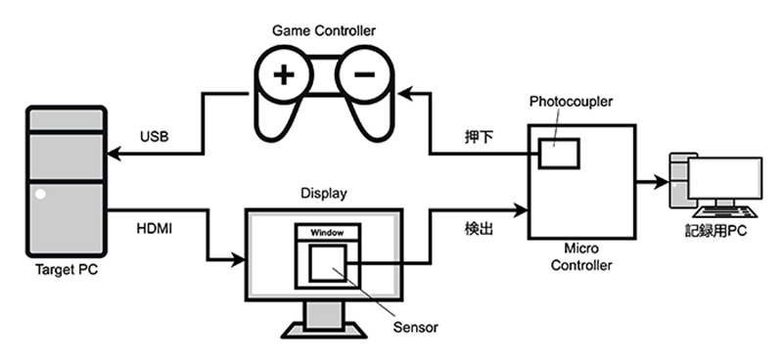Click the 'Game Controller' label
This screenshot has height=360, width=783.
(323, 30)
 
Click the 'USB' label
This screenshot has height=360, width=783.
(155, 137)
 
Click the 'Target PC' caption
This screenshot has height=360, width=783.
(64, 277)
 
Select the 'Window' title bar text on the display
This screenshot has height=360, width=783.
(327, 233)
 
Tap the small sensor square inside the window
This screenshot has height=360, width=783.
(327, 262)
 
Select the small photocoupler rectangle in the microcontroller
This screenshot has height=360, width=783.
(556, 153)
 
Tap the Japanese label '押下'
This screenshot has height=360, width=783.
(479, 137)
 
